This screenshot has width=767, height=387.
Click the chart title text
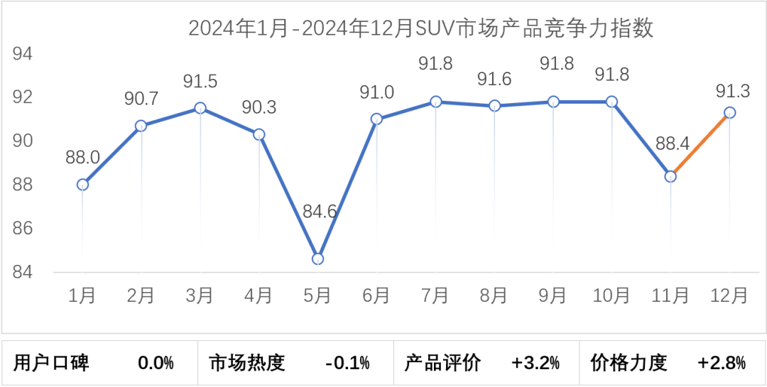[x=420, y=29]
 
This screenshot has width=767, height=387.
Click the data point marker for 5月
[x=317, y=258]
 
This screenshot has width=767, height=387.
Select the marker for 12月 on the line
[x=729, y=112]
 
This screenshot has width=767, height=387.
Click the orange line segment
[x=700, y=144]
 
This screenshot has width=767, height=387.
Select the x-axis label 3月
[x=200, y=295]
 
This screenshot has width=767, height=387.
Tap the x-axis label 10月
[x=611, y=295]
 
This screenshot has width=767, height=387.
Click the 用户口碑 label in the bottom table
[x=52, y=364]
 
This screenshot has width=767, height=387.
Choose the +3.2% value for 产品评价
[x=535, y=364]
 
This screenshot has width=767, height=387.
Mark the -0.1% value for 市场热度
[x=347, y=364]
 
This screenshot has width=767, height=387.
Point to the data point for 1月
[x=82, y=185]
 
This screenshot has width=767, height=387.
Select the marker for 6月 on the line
[x=376, y=119]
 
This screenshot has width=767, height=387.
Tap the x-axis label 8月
[x=494, y=295]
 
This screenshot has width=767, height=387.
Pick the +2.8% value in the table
[x=722, y=364]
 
